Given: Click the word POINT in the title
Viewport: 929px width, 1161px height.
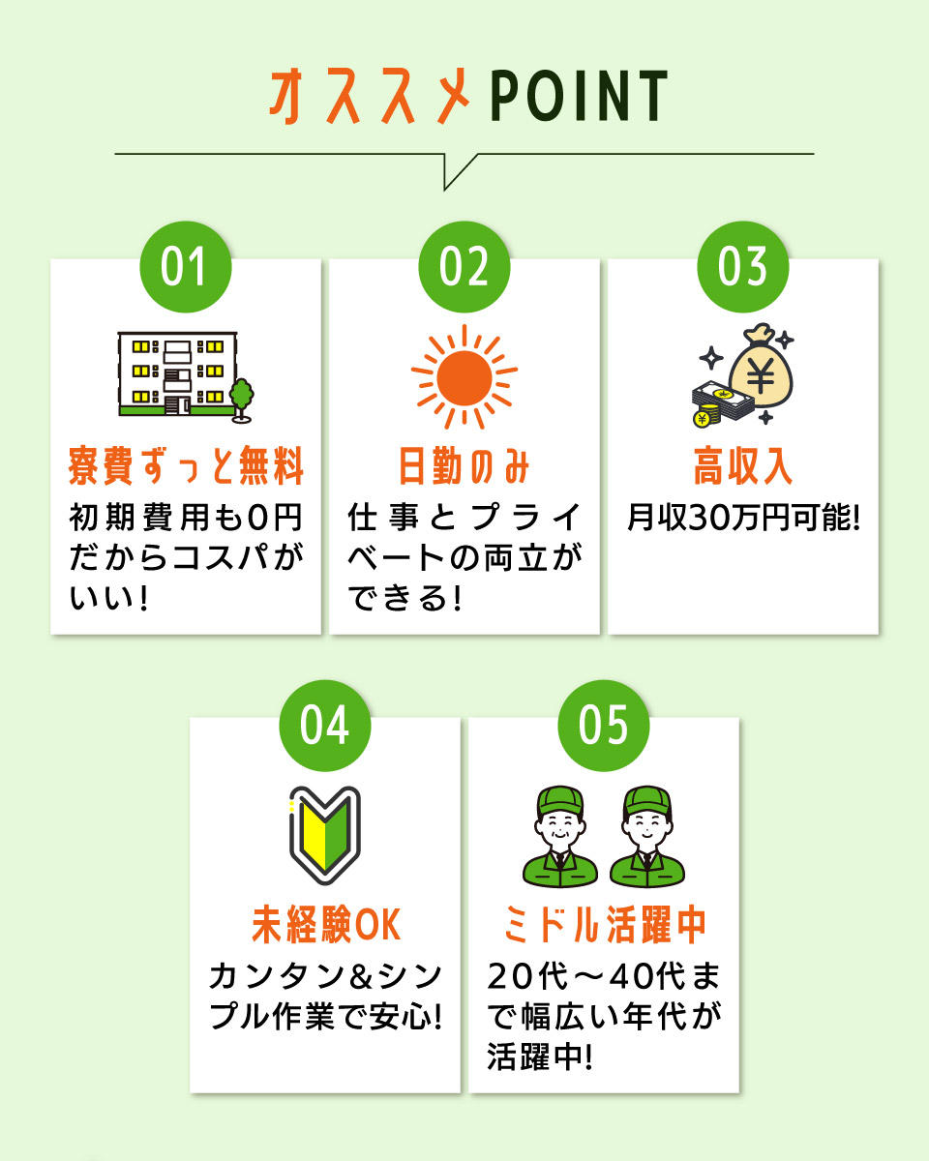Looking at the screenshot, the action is (580, 96).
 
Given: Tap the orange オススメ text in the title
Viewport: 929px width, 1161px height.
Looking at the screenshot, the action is (370, 96).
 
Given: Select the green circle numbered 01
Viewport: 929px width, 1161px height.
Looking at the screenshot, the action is (185, 266).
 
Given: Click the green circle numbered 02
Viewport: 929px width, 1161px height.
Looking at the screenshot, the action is (464, 266).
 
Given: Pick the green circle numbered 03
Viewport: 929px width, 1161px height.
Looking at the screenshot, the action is (743, 266).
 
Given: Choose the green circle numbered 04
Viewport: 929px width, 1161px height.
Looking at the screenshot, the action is (325, 725).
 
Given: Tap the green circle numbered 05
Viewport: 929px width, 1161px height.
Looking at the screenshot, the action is (604, 725).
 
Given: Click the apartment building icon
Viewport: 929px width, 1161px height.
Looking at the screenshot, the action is (178, 373).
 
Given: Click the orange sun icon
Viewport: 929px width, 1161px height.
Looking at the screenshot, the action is (464, 377).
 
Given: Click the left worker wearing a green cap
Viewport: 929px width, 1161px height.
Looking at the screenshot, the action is (559, 836).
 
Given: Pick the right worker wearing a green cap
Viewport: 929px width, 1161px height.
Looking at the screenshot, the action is (647, 836).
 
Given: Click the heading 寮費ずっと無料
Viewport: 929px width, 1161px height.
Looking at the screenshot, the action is (186, 465).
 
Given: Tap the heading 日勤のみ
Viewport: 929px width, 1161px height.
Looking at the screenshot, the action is (464, 465).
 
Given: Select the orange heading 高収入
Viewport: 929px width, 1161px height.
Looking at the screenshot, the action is (743, 465).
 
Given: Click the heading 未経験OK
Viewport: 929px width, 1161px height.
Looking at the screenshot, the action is (326, 924).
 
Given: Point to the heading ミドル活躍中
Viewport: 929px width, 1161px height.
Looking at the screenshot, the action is (604, 924).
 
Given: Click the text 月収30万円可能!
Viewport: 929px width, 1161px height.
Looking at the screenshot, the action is (743, 518).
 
